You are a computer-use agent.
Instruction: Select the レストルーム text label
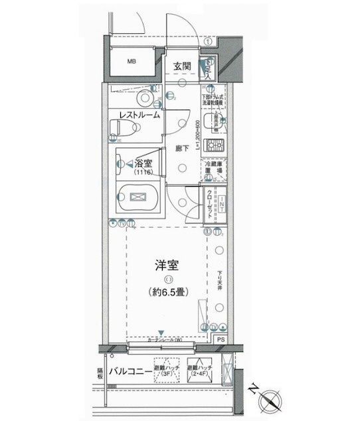tap(139, 115)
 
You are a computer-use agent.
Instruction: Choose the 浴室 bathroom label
tap(143, 163)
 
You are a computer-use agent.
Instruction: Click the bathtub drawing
tap(138, 198)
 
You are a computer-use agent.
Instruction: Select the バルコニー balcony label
tap(132, 370)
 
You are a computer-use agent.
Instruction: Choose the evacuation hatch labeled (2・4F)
tap(201, 370)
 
